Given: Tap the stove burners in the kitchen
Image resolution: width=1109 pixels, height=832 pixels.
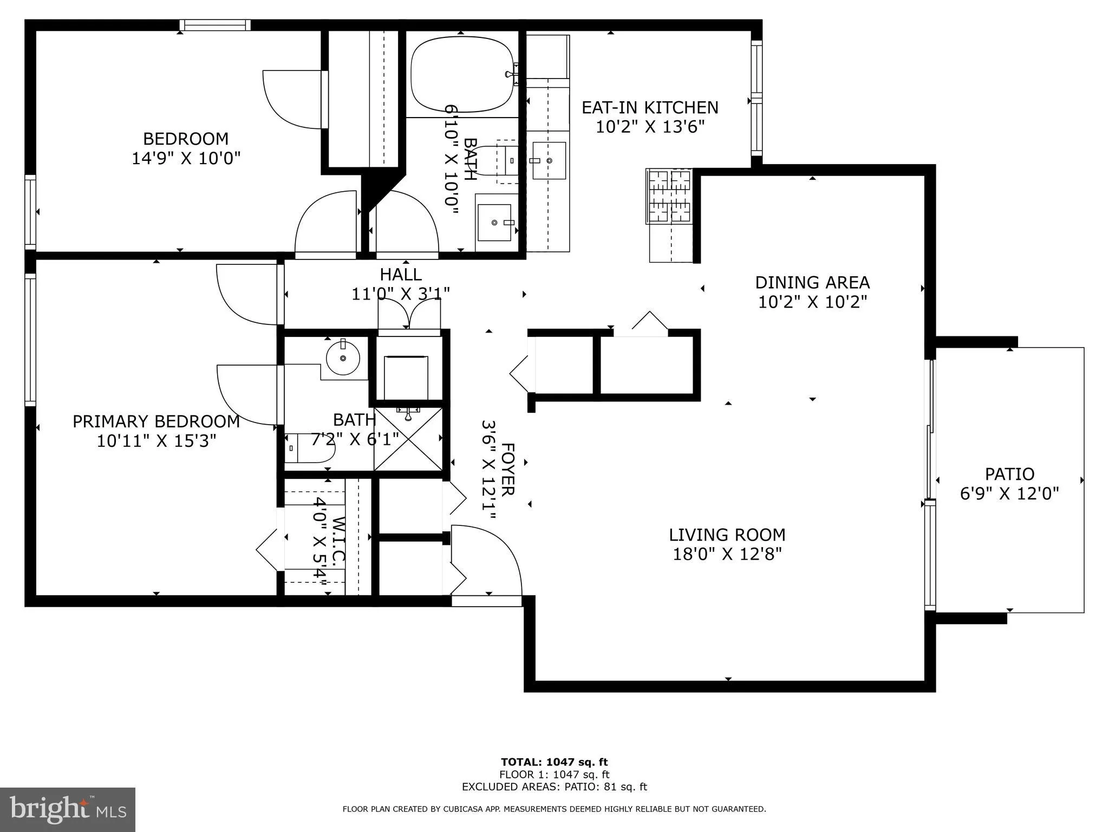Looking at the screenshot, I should coord(669,196).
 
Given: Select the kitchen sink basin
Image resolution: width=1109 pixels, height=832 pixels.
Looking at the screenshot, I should coord(549,161).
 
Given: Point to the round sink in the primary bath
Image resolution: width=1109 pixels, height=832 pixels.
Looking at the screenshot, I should coord(343,357).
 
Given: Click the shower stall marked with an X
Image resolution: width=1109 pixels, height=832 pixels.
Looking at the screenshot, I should coord(408,439).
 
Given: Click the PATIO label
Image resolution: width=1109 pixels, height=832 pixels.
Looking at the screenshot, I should coord(1009,474).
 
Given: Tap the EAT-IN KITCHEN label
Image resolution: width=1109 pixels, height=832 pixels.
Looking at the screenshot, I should coord(650,108).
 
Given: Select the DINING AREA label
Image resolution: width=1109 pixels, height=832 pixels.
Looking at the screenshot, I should coord(812,283).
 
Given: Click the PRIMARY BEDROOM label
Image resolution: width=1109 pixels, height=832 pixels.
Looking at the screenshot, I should coord(156,421).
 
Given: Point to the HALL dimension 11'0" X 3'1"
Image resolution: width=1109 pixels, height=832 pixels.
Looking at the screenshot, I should coord(401,294).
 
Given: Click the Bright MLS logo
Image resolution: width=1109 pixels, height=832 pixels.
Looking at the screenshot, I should coord(68,809).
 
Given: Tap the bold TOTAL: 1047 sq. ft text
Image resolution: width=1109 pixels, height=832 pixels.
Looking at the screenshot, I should coord(554,762).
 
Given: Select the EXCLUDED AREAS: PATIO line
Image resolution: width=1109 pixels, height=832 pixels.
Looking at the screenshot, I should coord(554,787).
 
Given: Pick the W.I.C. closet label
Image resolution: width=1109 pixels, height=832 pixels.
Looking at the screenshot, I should coord(338,542).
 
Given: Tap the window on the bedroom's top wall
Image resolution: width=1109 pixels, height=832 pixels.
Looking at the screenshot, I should coord(215,25).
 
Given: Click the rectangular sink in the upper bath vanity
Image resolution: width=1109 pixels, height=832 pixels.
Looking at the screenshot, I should coord(494,223).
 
